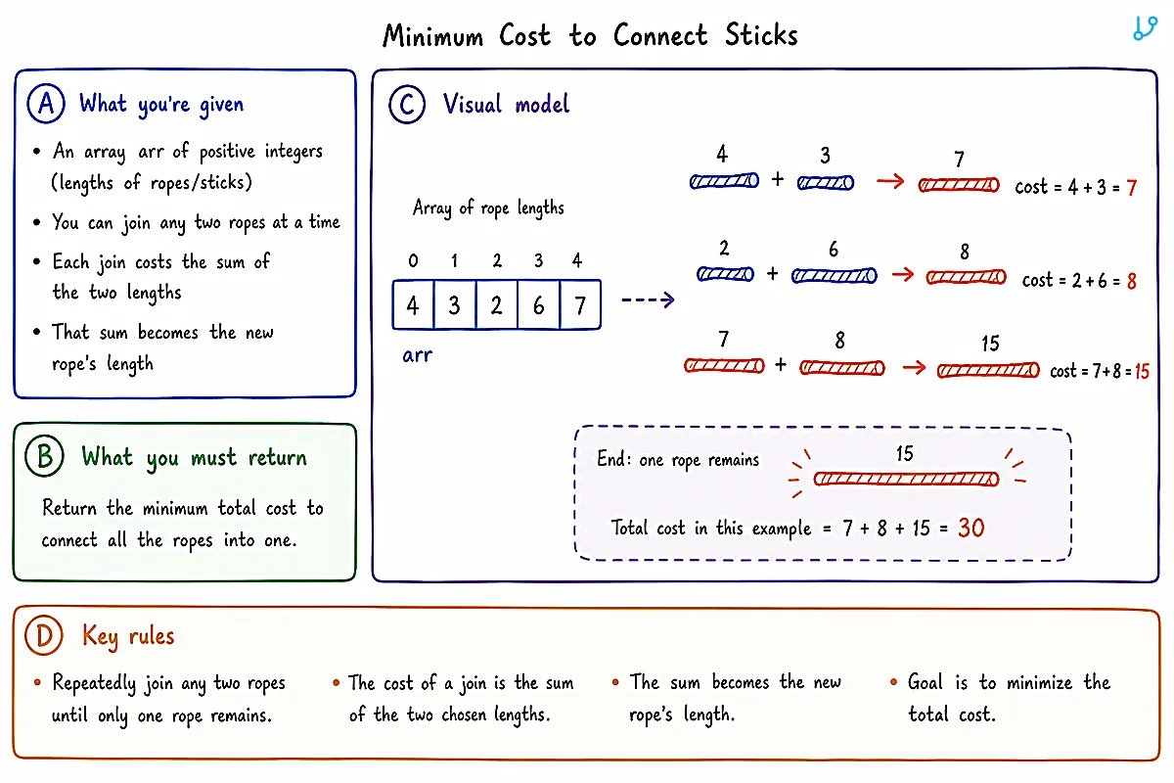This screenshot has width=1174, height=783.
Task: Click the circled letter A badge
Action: coord(46,104)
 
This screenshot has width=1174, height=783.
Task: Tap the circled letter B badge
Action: coord(45,456)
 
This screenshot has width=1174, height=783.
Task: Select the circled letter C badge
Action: coord(407,105)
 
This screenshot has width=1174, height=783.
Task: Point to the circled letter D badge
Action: coord(44,635)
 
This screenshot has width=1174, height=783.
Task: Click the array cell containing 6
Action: coord(538,304)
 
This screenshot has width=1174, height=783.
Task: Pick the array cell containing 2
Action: coord(496,304)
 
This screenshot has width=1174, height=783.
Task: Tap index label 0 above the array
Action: coord(413,260)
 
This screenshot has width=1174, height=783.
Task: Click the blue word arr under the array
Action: coord(417,355)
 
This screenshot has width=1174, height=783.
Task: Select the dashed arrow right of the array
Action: coord(648,299)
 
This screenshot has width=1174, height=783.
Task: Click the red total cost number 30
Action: coord(971,528)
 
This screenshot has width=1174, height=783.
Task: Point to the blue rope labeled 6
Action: coord(834,276)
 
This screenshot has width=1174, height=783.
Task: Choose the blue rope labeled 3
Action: coord(826,183)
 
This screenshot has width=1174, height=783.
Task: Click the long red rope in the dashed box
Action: coord(906,479)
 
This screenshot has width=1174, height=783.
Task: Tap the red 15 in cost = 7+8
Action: coord(1142,371)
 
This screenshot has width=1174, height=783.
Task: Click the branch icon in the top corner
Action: coord(1145,28)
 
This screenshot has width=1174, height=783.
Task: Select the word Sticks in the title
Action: coord(761,35)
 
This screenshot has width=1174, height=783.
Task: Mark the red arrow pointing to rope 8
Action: coord(903,274)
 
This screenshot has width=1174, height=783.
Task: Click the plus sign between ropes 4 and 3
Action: coord(778,179)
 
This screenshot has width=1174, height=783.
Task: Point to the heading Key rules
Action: coord(128,636)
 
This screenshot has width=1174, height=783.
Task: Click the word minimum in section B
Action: coord(175,508)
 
